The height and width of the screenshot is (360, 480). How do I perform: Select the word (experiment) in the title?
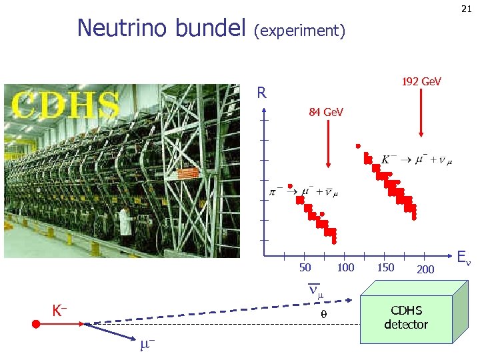300,31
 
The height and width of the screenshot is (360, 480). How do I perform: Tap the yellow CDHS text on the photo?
67,105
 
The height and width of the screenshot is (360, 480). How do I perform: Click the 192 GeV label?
421,81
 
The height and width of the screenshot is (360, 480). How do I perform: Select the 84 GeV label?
326,112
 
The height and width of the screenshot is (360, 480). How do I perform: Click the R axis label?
262,93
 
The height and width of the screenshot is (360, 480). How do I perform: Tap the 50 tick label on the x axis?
305,268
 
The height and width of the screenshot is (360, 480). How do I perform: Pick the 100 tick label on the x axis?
345,268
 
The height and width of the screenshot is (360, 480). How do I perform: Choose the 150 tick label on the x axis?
385,268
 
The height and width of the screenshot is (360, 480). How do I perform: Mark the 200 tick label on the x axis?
425,269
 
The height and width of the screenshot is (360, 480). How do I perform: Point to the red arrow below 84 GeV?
327,144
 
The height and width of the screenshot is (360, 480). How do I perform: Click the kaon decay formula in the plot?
416,160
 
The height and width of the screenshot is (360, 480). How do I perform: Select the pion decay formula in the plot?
304,192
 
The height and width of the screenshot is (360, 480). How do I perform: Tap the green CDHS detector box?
406,318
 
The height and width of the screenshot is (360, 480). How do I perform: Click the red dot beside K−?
37,324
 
